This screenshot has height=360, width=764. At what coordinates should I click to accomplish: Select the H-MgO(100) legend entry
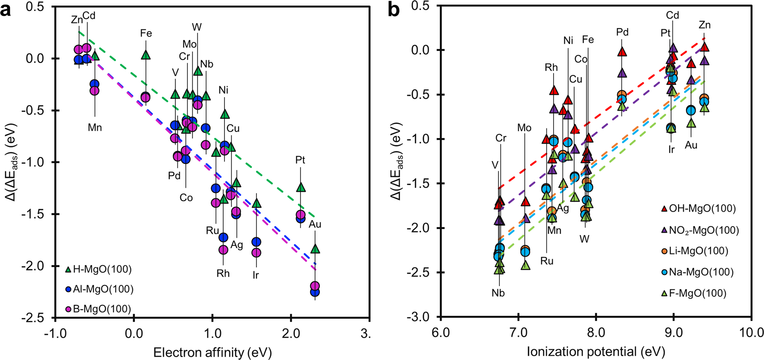coord(98,269)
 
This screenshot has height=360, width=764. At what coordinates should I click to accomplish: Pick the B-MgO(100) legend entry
coord(98,309)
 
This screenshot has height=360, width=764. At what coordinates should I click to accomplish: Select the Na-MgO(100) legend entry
coord(696,272)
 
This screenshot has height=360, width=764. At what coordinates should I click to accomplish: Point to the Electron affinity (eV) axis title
coord(212,352)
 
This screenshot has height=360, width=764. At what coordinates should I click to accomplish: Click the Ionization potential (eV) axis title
coord(596,352)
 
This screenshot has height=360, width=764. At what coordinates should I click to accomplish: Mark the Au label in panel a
coord(315,224)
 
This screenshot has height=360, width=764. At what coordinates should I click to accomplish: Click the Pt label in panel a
coord(300,160)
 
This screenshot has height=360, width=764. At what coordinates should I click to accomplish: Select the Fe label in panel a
coord(146,33)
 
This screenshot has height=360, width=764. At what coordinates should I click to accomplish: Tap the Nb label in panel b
coord(498,293)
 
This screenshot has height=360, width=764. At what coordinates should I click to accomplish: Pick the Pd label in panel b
coord(622,32)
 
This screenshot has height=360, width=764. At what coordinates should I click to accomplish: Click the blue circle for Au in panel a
coord(315,292)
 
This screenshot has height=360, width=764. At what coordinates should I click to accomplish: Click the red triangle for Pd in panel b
coord(622,52)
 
